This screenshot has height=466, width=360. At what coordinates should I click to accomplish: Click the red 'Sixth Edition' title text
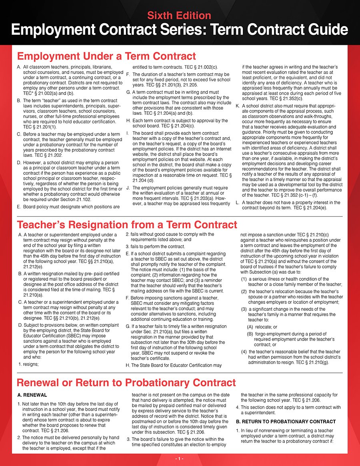(x=179, y=16)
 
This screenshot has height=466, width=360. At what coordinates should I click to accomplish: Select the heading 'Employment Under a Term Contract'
(x=106, y=56)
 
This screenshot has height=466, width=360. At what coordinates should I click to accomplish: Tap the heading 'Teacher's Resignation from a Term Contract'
(x=127, y=225)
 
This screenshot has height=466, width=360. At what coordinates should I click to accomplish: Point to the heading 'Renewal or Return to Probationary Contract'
(x=126, y=383)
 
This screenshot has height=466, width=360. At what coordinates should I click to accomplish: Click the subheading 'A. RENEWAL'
(x=32, y=395)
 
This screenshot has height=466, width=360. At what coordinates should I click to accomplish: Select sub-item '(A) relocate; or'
(x=262, y=326)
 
